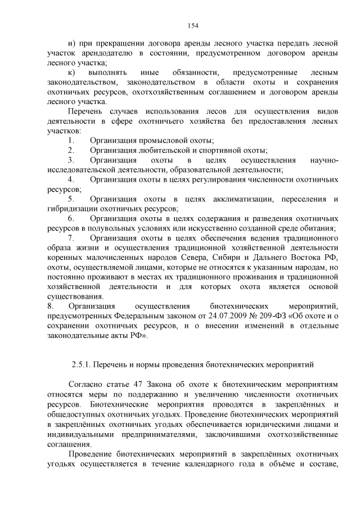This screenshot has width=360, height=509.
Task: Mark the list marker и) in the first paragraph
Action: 71,43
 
